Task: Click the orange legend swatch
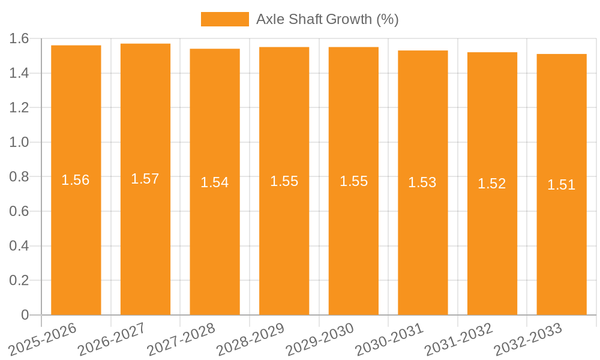[x=224, y=19]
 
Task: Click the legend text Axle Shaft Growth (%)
[x=327, y=19]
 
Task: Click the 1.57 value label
[x=145, y=179]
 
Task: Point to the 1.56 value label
[x=76, y=180]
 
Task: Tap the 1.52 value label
[x=492, y=184]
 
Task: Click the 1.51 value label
[x=562, y=185]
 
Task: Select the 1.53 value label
[x=422, y=182]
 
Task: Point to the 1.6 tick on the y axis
[x=20, y=39]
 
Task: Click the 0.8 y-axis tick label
[x=20, y=177]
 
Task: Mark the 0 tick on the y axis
[x=25, y=315]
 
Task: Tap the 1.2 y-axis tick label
[x=20, y=108]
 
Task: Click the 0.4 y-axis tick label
[x=20, y=246]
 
